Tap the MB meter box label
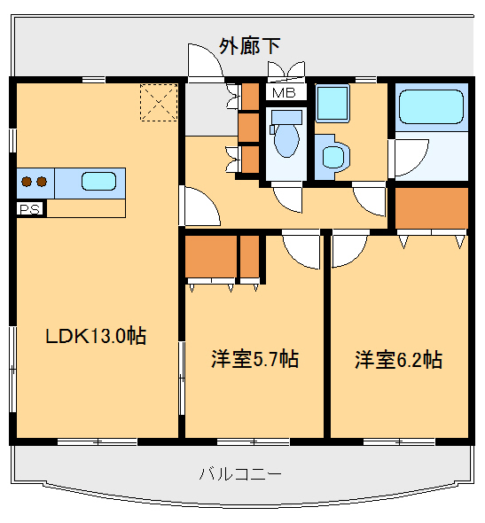284,92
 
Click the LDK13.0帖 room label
96,336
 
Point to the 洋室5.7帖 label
254,359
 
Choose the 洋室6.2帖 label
398,359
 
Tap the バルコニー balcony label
240,473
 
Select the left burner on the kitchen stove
27,182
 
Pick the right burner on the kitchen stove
41,182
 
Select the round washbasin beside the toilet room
333,157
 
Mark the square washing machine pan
334,105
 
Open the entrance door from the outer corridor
202,64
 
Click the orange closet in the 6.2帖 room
431,207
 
